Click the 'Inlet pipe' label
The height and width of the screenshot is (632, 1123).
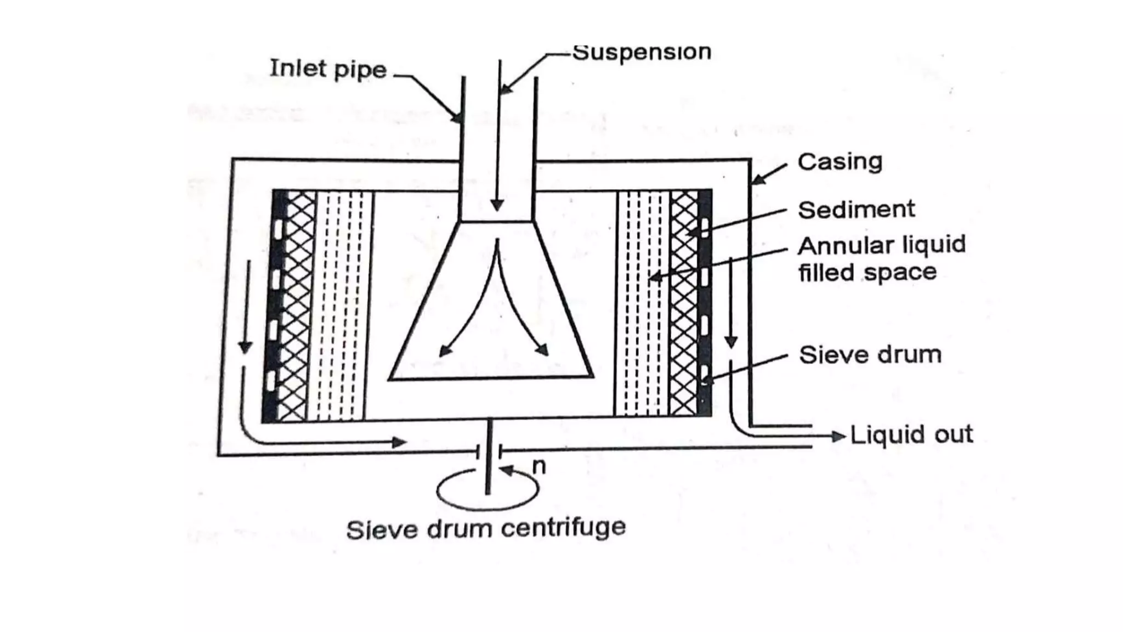(x=328, y=69)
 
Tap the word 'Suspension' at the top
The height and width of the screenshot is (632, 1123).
(x=642, y=52)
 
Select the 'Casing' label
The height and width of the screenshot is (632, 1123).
(x=840, y=162)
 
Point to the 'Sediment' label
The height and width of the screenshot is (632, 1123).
(x=856, y=210)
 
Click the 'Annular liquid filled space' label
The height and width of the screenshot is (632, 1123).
(x=881, y=258)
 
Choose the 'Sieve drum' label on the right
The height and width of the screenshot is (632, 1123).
(x=870, y=355)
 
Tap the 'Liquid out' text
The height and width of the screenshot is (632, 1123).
(x=911, y=435)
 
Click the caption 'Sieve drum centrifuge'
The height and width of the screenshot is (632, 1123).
(x=486, y=529)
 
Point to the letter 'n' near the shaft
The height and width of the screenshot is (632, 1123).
(x=539, y=466)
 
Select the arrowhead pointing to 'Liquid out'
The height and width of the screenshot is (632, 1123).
(x=838, y=437)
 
